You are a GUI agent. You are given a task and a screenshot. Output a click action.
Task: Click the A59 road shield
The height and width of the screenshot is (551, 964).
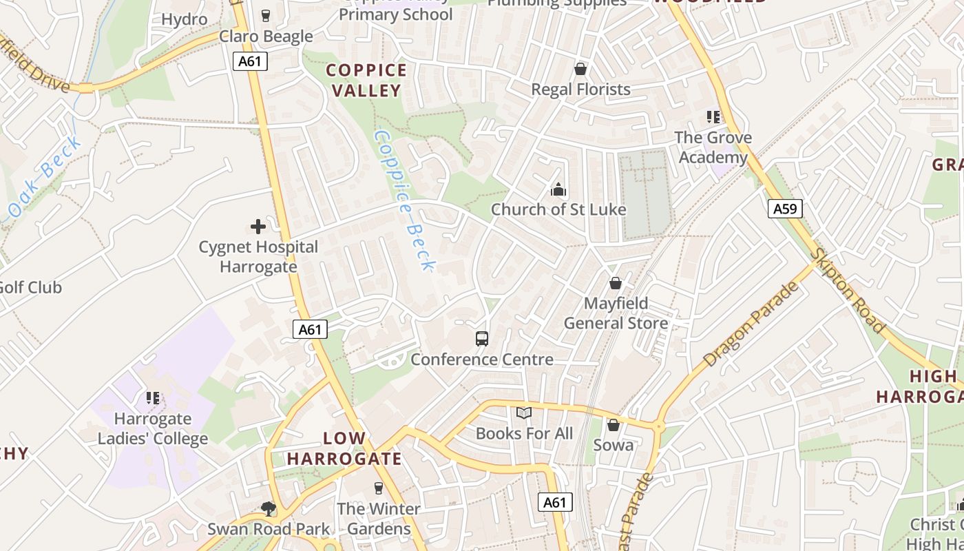(x=785, y=209)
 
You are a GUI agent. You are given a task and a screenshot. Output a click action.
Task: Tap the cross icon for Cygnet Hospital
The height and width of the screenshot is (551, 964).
(x=258, y=226)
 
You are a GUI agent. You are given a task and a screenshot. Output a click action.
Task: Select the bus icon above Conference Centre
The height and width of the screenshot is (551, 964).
(x=482, y=338)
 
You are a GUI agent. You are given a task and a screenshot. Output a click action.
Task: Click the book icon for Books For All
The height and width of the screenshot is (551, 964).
(x=524, y=413)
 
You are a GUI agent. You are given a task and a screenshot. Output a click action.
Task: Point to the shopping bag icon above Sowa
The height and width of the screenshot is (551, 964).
(x=613, y=425)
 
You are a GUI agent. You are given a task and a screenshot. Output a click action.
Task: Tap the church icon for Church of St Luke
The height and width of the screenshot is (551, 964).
(x=558, y=189)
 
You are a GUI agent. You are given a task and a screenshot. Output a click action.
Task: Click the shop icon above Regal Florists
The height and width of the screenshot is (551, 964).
(x=580, y=69)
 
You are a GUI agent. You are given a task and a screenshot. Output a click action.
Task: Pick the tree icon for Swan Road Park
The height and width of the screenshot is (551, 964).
(x=269, y=508)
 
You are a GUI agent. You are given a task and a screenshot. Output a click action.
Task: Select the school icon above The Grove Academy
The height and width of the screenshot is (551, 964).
(x=713, y=117)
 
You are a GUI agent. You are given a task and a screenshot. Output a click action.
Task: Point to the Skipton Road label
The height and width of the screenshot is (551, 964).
(x=847, y=290)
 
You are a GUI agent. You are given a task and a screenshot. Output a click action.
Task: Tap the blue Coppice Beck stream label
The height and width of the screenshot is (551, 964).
(x=404, y=200)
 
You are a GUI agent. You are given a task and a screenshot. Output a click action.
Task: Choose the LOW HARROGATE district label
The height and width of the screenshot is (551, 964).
(x=344, y=448)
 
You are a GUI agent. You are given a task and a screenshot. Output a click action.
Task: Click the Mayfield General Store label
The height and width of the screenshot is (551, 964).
(x=616, y=313)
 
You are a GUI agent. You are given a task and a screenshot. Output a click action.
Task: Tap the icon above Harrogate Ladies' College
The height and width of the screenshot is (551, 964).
(x=153, y=397)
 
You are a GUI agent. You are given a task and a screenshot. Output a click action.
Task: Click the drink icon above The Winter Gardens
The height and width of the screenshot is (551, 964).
(x=378, y=488)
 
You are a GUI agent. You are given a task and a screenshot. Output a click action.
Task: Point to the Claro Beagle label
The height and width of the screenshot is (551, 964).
(x=266, y=37)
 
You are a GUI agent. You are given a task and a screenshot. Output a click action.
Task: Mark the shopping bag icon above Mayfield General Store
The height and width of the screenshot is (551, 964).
(x=616, y=283)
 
